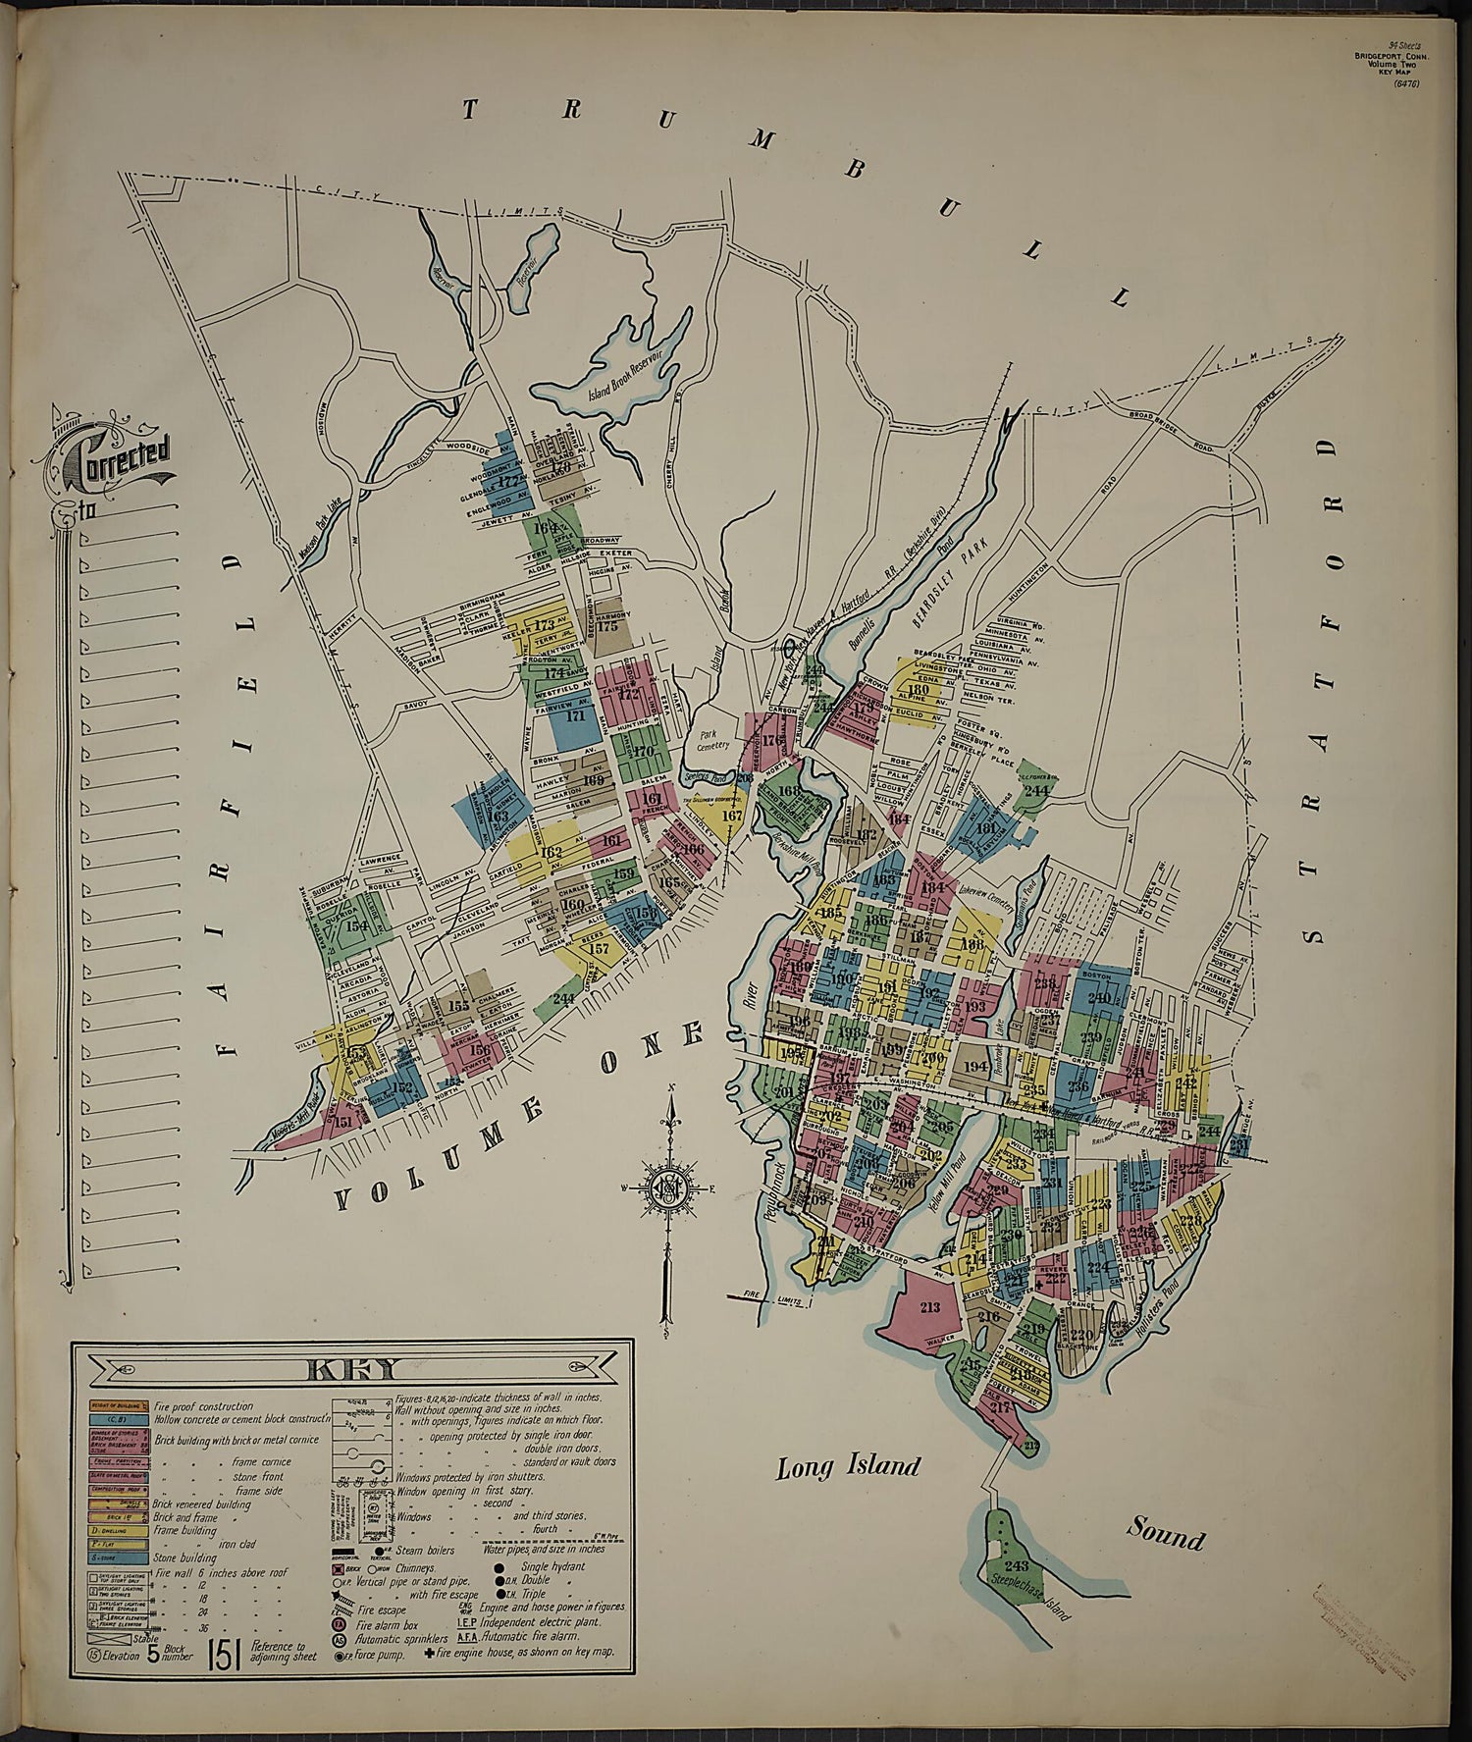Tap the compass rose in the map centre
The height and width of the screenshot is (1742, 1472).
point(667,1188)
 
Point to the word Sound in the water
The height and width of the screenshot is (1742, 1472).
point(1165,1532)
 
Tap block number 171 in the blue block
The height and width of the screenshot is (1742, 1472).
point(576,715)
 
